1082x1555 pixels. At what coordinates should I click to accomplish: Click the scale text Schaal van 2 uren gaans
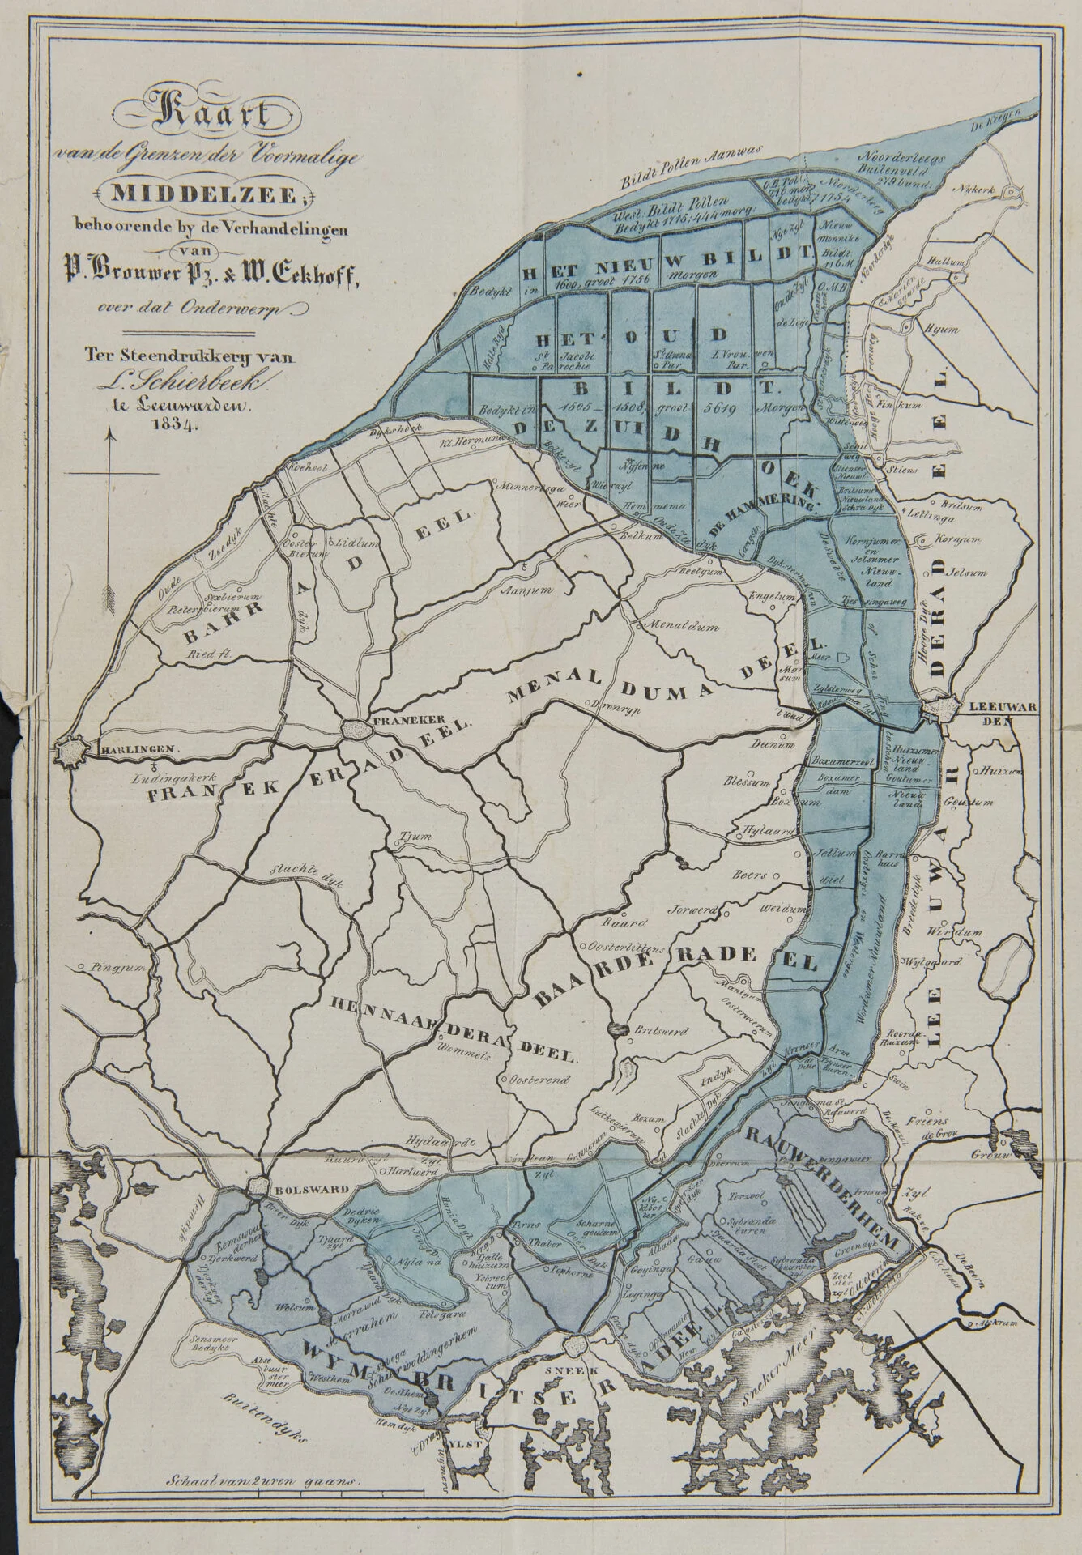click(261, 1524)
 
